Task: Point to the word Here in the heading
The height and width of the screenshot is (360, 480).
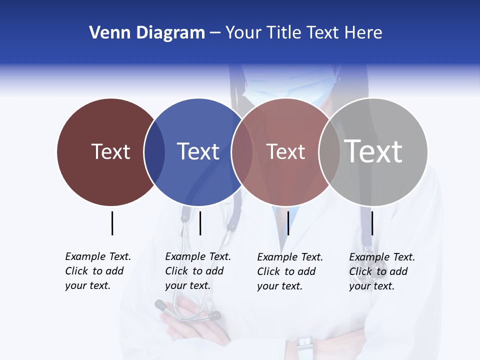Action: (x=363, y=33)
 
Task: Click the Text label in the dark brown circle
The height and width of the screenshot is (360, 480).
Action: (x=110, y=151)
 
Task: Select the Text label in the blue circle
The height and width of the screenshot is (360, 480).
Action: (x=198, y=151)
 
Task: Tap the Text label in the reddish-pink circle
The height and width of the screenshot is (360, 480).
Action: (x=285, y=151)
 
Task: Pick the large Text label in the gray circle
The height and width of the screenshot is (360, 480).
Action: (x=373, y=151)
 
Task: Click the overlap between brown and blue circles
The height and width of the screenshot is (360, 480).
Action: (x=154, y=151)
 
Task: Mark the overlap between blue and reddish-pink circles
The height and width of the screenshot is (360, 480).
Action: (x=242, y=151)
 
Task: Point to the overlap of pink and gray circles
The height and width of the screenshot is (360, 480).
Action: (x=329, y=151)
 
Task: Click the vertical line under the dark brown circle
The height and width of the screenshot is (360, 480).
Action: (x=112, y=223)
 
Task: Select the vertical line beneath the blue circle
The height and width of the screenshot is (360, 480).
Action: (x=200, y=223)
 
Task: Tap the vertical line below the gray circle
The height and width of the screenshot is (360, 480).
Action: (x=372, y=223)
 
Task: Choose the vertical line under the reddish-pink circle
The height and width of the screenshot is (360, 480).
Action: (x=288, y=223)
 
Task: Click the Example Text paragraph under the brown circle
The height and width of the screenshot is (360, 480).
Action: (x=97, y=271)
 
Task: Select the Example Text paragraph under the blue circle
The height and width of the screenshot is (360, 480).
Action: (x=197, y=271)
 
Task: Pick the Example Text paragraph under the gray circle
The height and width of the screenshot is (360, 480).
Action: (x=381, y=271)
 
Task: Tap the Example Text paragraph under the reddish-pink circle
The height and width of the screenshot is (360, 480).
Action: (x=289, y=271)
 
